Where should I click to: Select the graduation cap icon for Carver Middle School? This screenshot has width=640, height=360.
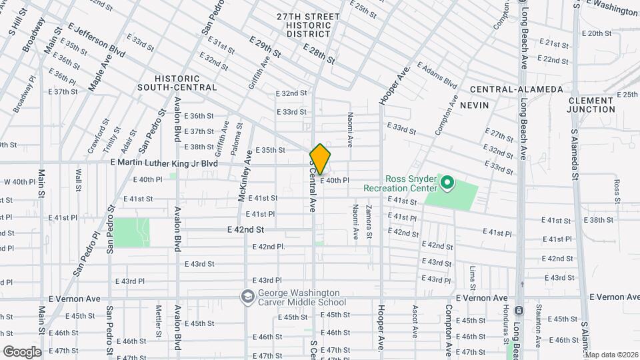pyautogui.click(x=247, y=297)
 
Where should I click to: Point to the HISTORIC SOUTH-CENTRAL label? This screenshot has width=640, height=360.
pyautogui.click(x=177, y=83)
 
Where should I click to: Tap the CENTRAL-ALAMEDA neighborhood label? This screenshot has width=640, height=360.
pyautogui.click(x=516, y=89)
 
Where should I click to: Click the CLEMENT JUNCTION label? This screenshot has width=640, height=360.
pyautogui.click(x=591, y=105)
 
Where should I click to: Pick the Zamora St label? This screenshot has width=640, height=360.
pyautogui.click(x=369, y=223)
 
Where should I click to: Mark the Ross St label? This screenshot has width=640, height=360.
pyautogui.click(x=617, y=189)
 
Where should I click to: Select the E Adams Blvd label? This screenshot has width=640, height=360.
pyautogui.click(x=437, y=75)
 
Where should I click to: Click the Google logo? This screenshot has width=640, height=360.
pyautogui.click(x=22, y=351)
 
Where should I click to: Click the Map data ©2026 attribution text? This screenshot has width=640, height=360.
pyautogui.click(x=611, y=355)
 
